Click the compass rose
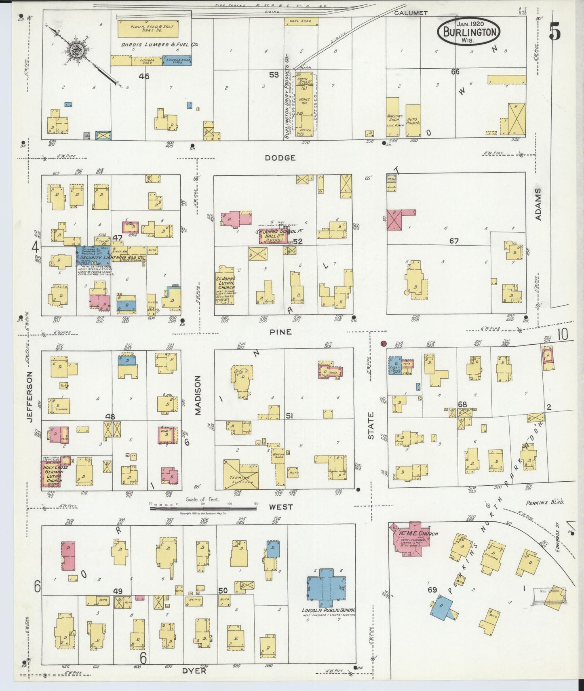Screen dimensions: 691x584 pos(76,51)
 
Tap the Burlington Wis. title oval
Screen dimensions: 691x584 pos(468,31)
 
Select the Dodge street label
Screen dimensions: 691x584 pos(280,158)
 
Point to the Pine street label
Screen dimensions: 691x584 pos(281,332)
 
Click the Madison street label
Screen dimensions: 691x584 pos(198,395)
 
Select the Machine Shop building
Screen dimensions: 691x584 pos(394,116)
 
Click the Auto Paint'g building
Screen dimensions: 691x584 pos(413,120)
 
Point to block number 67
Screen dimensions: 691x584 pos(454,241)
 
